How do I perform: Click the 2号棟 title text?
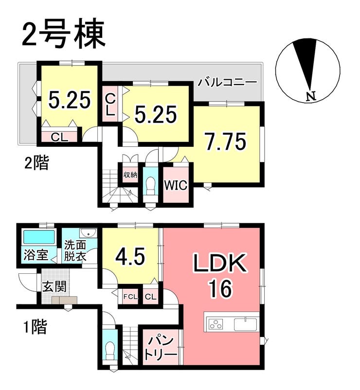pos(64,35)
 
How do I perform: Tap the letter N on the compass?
pos(311,96)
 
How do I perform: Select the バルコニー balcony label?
pos(227,82)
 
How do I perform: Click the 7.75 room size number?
pos(225,142)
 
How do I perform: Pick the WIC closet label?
pos(176,185)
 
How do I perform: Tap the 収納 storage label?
pos(130,175)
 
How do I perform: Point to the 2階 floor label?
pos(36,163)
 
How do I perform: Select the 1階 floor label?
pos(36,327)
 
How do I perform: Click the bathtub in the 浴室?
pos(39,237)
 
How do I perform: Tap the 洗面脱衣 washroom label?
pos(75,251)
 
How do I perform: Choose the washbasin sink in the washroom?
pos(88,233)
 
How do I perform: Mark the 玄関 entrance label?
pos(54,287)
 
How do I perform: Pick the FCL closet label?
pos(130,297)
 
